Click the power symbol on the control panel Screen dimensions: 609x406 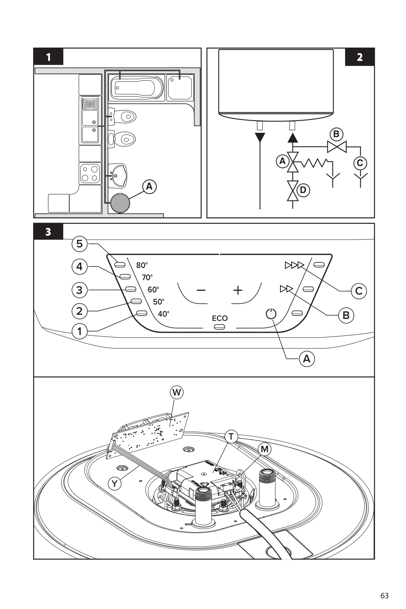click(271, 314)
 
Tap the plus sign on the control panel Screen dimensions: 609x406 click(238, 290)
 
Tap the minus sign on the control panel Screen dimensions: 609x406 click(201, 290)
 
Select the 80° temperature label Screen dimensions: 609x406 click(142, 265)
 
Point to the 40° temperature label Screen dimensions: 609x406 click(164, 314)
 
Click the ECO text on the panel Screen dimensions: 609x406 click(220, 318)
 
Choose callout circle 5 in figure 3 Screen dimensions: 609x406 click(80, 244)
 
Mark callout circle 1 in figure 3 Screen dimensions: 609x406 click(80, 331)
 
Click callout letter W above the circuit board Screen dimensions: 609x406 click(177, 392)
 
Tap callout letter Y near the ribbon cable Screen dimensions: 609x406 click(115, 483)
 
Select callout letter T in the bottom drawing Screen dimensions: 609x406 click(231, 436)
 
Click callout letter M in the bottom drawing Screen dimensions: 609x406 click(264, 449)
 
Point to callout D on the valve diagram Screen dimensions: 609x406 click(303, 190)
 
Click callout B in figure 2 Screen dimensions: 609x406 click(336, 134)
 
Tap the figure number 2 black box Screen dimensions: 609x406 click(360, 57)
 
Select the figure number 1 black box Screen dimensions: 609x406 click(48, 57)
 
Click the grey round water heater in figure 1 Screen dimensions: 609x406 click(119, 203)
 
